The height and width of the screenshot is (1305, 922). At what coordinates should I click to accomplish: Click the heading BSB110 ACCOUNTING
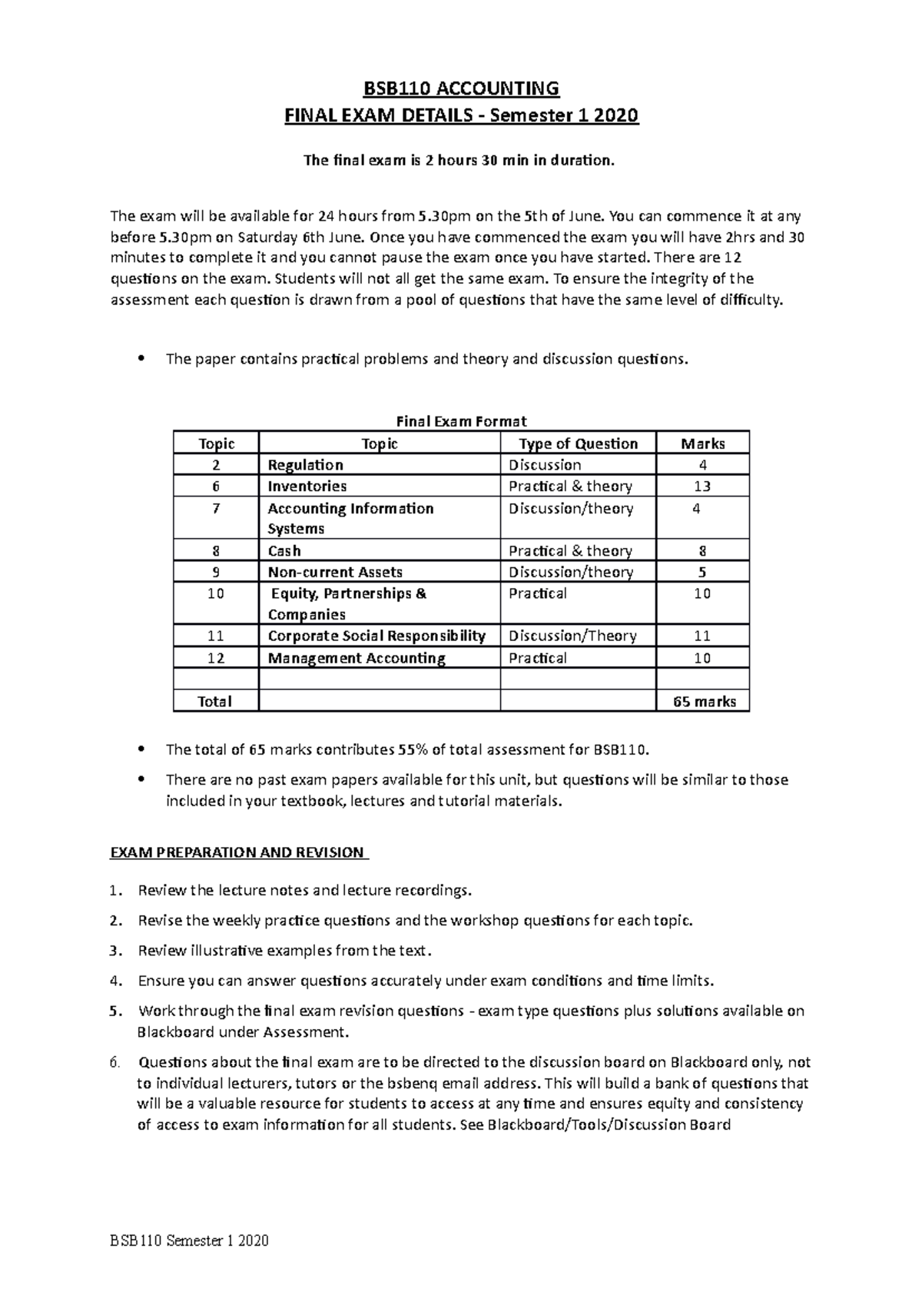[x=461, y=89]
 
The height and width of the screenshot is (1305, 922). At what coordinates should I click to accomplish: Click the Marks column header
[x=702, y=443]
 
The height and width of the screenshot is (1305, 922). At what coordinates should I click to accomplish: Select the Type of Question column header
[x=578, y=443]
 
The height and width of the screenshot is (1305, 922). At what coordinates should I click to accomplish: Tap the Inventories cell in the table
[x=307, y=486]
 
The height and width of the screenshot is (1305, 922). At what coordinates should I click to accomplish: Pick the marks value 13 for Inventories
[x=701, y=486]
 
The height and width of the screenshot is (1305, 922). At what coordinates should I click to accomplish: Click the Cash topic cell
[x=284, y=551]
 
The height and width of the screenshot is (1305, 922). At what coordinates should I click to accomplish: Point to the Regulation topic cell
[x=305, y=465]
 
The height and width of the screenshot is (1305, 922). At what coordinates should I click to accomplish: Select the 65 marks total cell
[x=704, y=702]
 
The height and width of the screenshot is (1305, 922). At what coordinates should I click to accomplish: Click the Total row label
[x=215, y=702]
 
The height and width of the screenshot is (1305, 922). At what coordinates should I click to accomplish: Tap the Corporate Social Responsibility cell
[x=376, y=636]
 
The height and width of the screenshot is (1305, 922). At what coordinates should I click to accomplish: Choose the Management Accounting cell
[x=357, y=659]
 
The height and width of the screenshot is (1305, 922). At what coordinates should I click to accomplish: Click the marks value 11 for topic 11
[x=701, y=636]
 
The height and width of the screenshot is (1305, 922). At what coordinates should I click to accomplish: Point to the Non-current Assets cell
[x=335, y=573]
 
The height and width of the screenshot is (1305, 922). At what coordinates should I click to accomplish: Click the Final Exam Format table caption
[x=461, y=421]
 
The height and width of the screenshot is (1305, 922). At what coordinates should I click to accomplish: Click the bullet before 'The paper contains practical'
[x=139, y=359]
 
